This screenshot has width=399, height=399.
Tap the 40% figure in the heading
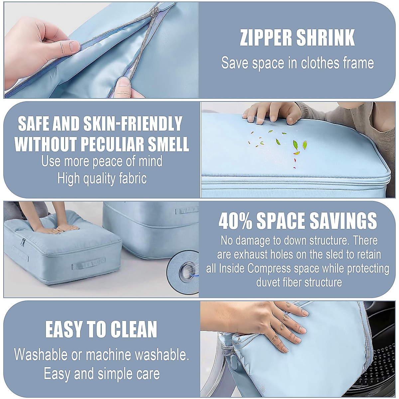pos(235,221)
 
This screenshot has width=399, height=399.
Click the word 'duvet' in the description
pos(269,283)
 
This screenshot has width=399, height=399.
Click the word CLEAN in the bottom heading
pos(132,330)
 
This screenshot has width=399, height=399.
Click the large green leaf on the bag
pos(295,145)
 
